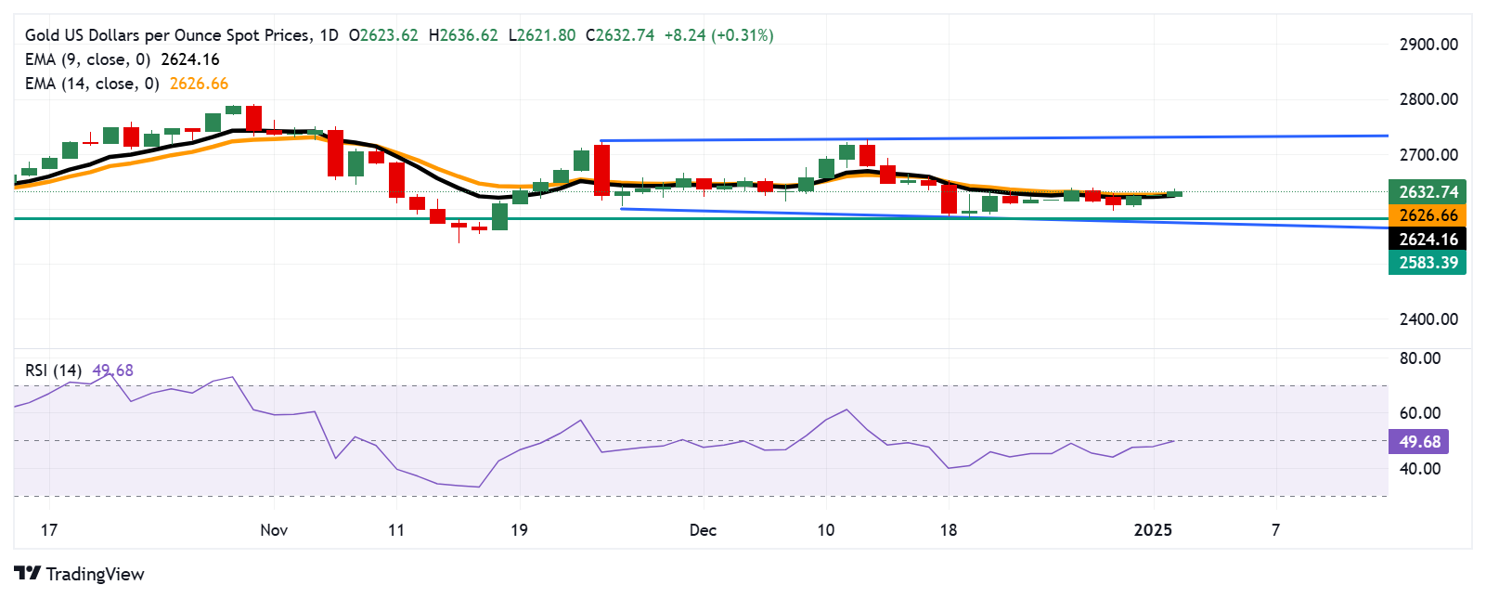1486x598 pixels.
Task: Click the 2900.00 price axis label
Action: pos(1428,45)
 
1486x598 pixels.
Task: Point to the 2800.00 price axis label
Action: pos(1428,99)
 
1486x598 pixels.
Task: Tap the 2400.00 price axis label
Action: pos(1428,319)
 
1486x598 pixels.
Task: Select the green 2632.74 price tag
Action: pos(1428,192)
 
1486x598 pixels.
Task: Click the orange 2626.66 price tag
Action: pos(1428,215)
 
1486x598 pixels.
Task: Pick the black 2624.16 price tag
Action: pos(1428,240)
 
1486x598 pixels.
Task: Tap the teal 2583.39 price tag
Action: pos(1428,263)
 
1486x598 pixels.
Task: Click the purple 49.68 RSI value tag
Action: pos(1419,442)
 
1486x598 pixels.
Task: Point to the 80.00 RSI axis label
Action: pos(1419,358)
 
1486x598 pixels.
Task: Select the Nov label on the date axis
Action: pos(274,530)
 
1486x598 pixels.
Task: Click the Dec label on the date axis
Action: pos(703,530)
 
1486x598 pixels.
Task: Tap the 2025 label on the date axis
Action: pos(1153,530)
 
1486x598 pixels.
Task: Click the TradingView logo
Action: pos(80,574)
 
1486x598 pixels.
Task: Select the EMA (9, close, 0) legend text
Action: pos(87,59)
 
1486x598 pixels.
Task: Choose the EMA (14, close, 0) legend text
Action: pos(92,84)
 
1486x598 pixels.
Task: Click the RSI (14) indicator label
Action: pos(53,370)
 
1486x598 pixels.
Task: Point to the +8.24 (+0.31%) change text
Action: pos(718,35)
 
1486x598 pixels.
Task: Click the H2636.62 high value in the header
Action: pos(463,35)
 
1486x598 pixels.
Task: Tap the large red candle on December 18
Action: pos(949,199)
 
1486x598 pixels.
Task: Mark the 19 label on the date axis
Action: pos(519,530)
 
